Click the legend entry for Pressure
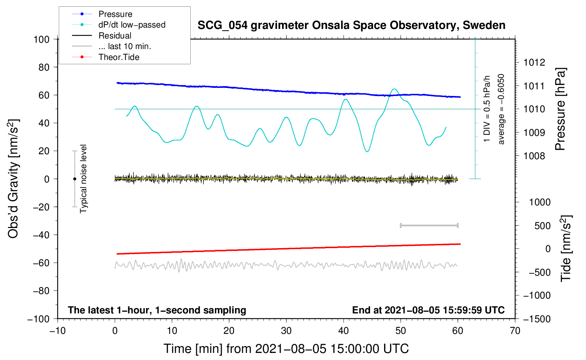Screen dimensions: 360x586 click(115, 14)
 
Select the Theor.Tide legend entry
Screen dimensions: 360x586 click(119, 57)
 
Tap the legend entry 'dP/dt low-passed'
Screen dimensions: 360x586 click(132, 25)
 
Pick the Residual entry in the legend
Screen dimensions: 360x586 click(115, 36)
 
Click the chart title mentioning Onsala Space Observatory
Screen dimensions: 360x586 click(351, 25)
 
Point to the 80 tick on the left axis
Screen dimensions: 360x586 click(44, 67)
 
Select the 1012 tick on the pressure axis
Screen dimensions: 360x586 click(534, 62)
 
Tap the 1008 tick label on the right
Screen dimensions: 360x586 click(534, 156)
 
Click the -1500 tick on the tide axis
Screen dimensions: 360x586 click(537, 319)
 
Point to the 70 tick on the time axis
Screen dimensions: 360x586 click(515, 331)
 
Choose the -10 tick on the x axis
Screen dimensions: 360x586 click(58, 331)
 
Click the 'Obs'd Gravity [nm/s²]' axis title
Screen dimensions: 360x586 click(13, 179)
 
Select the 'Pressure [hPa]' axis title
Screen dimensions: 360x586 click(560, 109)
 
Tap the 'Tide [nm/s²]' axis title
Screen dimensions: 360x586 click(566, 248)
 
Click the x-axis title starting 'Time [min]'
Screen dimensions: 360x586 click(286, 349)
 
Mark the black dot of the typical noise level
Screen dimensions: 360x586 click(74, 179)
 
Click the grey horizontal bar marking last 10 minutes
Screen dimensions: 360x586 click(429, 226)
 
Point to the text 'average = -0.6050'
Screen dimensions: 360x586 click(501, 109)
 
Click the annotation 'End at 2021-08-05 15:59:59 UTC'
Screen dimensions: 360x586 click(428, 310)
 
